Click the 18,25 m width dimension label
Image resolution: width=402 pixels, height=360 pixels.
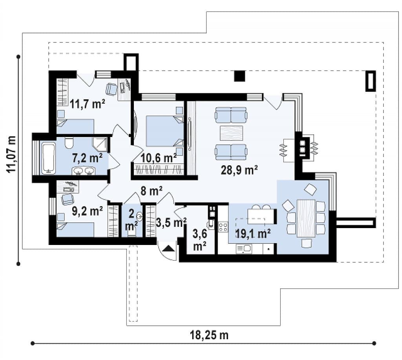[209, 335]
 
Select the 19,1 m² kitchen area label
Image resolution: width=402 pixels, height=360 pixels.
[253, 234]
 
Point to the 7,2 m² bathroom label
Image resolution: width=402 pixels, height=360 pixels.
[88, 158]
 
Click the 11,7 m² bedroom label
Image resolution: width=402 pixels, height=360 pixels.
[88, 104]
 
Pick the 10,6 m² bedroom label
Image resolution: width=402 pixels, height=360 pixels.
[159, 158]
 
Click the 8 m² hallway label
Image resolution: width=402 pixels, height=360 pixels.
[151, 191]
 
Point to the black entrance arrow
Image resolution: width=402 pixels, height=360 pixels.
[168, 249]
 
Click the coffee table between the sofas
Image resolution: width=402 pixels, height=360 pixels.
[231, 133]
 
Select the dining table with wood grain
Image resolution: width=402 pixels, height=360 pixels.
[306, 218]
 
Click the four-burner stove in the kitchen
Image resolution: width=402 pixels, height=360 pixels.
[223, 227]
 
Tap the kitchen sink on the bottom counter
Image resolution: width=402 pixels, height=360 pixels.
[244, 249]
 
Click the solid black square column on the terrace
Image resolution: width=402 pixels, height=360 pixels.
[239, 76]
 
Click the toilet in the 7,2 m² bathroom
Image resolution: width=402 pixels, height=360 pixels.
[69, 143]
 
